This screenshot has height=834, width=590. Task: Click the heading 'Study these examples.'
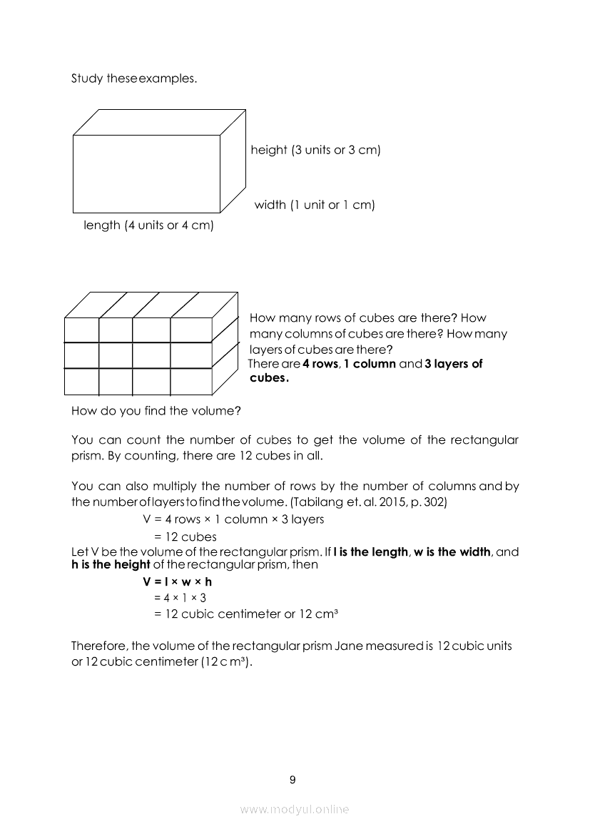[133, 78]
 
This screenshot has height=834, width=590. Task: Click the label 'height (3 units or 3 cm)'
[315, 151]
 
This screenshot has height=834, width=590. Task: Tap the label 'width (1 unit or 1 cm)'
[315, 205]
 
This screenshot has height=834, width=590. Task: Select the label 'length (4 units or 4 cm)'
[149, 225]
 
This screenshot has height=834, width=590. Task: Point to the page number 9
[293, 780]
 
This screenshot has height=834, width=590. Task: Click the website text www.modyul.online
[295, 810]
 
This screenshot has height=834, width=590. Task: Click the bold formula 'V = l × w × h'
[178, 581]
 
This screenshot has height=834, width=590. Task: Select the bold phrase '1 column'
[370, 364]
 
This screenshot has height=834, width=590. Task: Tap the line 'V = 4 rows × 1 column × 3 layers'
[233, 519]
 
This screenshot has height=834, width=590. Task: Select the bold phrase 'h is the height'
[111, 564]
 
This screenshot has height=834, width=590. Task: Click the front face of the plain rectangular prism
[146, 173]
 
